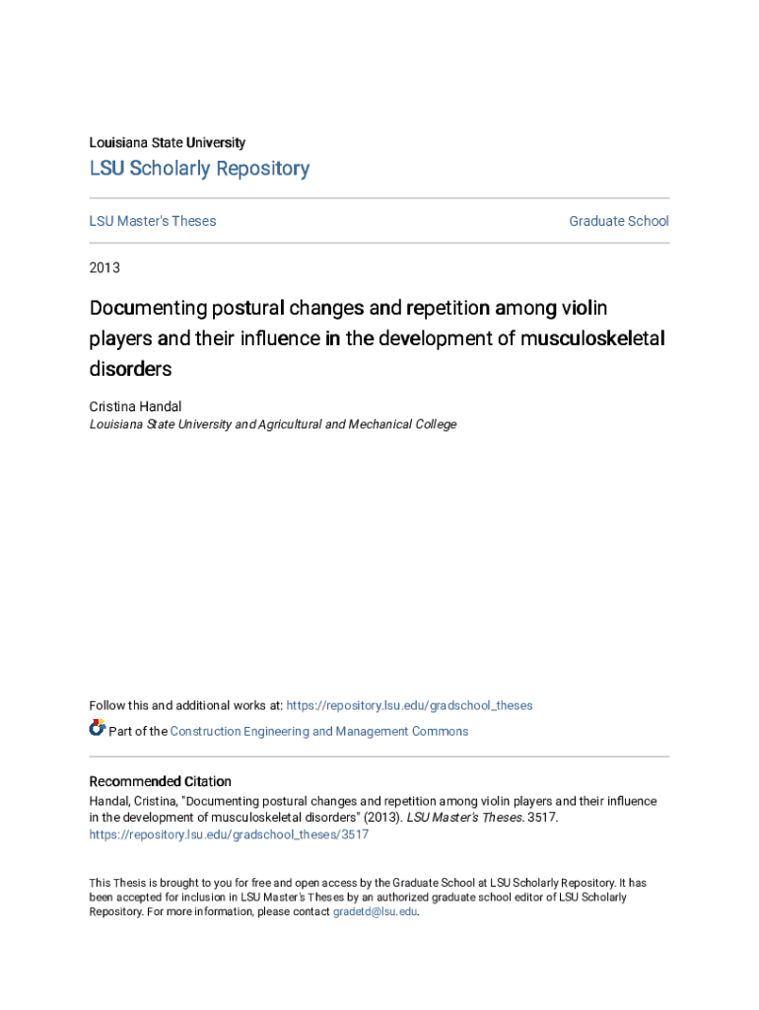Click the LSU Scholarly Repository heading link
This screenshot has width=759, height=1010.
199,169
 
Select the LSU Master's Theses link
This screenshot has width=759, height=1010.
153,221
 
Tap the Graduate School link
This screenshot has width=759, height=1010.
618,221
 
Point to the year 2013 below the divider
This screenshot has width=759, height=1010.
104,267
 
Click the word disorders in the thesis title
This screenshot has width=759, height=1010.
130,369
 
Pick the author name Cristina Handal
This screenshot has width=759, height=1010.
135,406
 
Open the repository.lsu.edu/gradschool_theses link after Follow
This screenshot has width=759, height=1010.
409,705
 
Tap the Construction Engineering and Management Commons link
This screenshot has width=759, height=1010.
319,731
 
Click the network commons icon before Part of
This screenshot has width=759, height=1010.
97,729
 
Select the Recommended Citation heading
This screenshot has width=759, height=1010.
161,781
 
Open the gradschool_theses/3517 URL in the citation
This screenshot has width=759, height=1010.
229,834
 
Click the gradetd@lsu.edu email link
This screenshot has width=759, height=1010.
376,912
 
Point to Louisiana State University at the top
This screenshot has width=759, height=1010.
168,142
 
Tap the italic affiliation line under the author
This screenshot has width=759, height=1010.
273,424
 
